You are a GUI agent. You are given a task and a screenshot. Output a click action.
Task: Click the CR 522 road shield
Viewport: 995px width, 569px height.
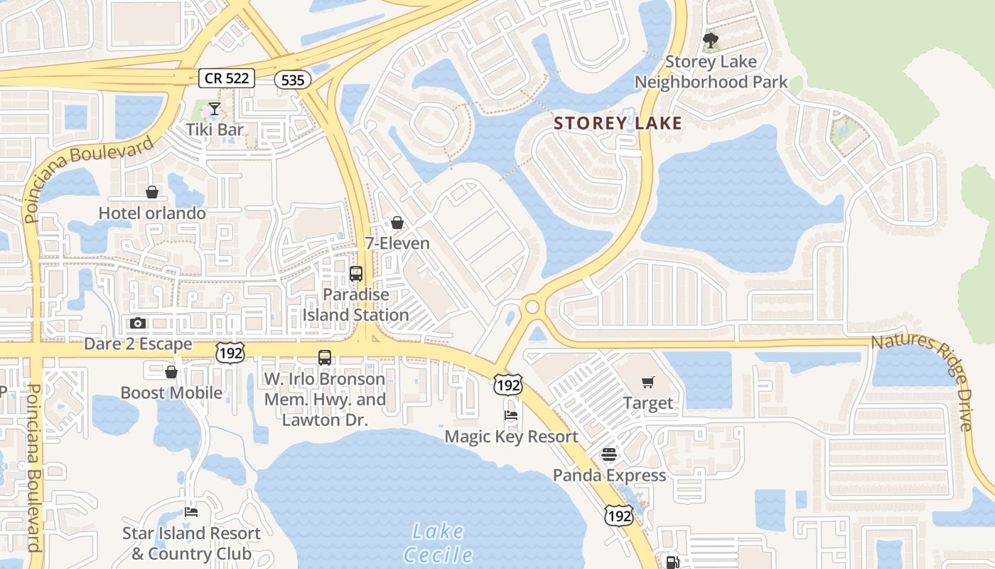pos(227,78)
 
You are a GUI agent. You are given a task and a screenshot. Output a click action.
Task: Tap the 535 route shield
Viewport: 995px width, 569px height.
pos(293,80)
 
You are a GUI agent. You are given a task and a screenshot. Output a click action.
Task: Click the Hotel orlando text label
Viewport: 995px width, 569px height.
pos(152,213)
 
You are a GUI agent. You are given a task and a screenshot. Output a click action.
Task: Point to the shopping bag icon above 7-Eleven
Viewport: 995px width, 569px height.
pos(397,223)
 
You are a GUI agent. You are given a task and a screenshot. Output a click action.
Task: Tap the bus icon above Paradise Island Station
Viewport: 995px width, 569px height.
pos(356,274)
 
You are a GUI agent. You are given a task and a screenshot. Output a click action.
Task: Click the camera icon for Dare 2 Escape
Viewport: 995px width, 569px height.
pos(138,323)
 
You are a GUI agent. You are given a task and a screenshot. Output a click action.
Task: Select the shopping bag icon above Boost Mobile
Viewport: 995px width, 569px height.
pos(171,371)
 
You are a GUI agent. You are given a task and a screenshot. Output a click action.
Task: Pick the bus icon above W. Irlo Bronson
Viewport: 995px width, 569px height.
pos(325,358)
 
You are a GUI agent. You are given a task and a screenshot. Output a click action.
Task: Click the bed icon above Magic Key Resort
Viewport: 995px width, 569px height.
pos(511,415)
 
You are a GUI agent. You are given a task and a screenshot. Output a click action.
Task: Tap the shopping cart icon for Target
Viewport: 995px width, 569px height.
pos(647,383)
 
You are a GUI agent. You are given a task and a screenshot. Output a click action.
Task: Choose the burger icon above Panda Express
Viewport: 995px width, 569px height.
pos(609,454)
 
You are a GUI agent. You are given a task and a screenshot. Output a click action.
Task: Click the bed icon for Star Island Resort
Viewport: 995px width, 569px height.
pos(191,511)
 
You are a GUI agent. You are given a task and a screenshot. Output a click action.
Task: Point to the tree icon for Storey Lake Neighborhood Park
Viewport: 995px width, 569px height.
pos(710,40)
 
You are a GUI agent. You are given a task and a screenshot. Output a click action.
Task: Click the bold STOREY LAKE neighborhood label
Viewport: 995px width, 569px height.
pos(618,124)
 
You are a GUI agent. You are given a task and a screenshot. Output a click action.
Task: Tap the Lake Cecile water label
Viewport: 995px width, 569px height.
pos(438,543)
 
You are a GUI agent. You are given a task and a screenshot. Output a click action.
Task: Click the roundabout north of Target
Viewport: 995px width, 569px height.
pos(532,307)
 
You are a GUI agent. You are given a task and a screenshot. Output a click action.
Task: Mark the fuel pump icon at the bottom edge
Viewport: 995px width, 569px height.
pos(672,562)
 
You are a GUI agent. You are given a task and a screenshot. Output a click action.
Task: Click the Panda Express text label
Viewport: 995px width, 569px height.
pos(610,475)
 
